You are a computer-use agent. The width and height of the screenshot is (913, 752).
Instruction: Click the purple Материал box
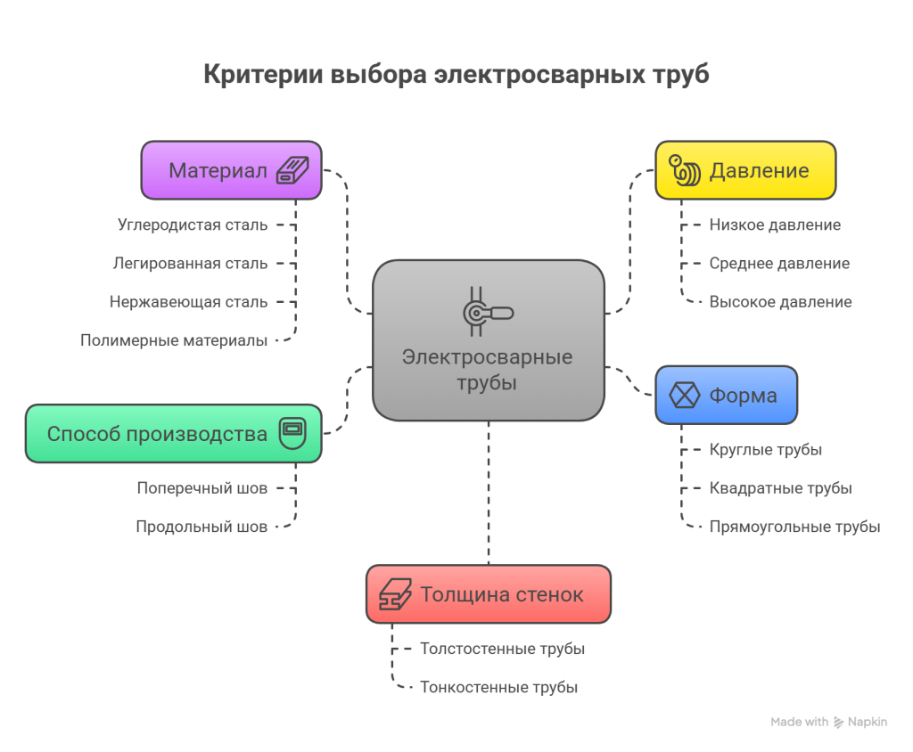[231, 170]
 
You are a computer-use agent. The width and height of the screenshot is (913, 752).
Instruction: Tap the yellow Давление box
[745, 170]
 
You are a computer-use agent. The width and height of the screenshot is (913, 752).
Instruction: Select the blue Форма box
[726, 395]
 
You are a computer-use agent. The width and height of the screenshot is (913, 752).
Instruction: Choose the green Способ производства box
[173, 434]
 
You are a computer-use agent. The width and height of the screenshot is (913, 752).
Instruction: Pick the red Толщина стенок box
[488, 594]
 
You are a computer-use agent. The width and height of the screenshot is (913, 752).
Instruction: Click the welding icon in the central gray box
[487, 312]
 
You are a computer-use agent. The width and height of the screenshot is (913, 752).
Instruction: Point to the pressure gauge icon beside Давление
[685, 170]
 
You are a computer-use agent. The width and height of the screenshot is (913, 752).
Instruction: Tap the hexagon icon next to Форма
[684, 395]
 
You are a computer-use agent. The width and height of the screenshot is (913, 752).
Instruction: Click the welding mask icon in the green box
[292, 434]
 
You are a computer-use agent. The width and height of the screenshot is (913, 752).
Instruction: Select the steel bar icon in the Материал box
[292, 170]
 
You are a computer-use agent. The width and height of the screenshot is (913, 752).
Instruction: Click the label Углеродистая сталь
[192, 225]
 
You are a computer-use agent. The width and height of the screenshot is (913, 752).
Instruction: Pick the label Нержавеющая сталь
[188, 302]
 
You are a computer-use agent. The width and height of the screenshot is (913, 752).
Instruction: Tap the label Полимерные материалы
[174, 340]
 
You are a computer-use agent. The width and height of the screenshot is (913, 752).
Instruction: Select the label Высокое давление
[780, 302]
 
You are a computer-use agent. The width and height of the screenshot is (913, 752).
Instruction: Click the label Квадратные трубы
[780, 488]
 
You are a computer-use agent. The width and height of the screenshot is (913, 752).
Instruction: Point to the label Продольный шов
[202, 527]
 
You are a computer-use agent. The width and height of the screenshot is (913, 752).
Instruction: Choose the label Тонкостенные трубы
[499, 688]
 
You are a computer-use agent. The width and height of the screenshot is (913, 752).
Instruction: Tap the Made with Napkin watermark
[829, 723]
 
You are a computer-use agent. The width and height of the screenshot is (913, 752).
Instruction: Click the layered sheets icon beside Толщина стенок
[395, 594]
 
